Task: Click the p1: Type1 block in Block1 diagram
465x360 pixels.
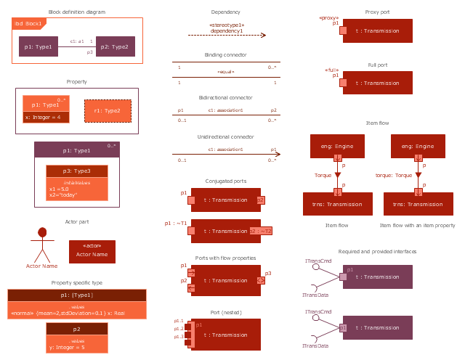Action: point(39,46)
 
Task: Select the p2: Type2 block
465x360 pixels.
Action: point(115,46)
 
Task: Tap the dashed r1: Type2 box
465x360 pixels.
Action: point(108,110)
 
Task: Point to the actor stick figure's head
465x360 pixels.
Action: point(42,232)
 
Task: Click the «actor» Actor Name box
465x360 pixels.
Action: point(92,251)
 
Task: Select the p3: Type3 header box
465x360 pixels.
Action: point(77,171)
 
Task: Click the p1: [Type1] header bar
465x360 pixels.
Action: point(76,295)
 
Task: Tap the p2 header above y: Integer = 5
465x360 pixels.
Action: point(77,328)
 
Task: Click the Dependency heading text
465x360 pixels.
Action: point(225,12)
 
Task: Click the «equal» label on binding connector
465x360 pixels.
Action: point(225,73)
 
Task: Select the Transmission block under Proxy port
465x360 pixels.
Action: point(378,30)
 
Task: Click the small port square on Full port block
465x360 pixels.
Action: point(342,83)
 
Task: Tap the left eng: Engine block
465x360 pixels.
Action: point(337,146)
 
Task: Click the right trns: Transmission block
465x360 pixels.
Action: point(418,204)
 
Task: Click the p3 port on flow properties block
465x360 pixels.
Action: point(260,279)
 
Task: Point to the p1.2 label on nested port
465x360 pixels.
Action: point(178,329)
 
